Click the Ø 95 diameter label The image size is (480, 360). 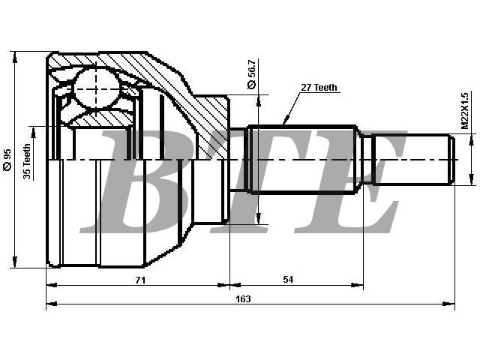click(7, 160)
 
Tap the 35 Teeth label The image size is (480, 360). click(27, 161)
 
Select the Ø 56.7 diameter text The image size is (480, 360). click(251, 74)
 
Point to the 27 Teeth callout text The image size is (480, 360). click(319, 88)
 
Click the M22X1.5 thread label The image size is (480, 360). click(464, 111)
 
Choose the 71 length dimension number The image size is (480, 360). click(140, 280)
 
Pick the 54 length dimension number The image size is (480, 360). click(288, 280)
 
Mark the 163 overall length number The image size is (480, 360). click(243, 298)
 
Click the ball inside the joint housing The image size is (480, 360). click(97, 88)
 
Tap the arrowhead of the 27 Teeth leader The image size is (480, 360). click(286, 121)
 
